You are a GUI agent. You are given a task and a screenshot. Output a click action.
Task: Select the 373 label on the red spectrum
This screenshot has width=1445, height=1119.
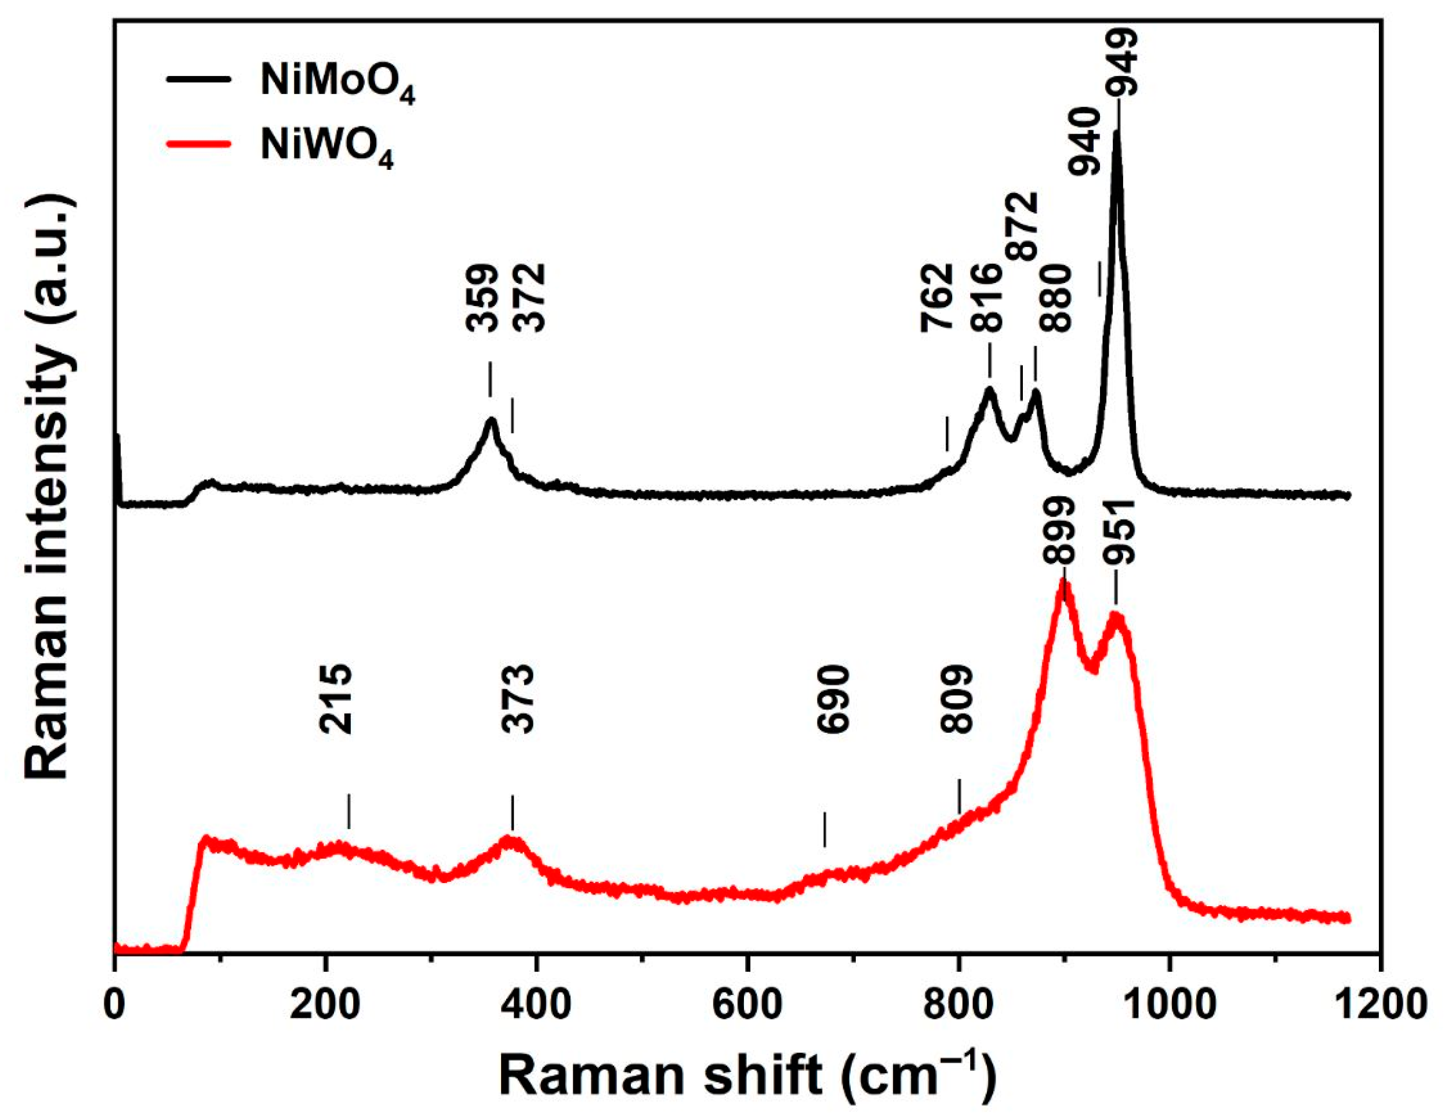(x=517, y=700)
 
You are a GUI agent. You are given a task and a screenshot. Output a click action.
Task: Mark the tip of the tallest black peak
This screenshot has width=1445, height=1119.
(x=1117, y=132)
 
